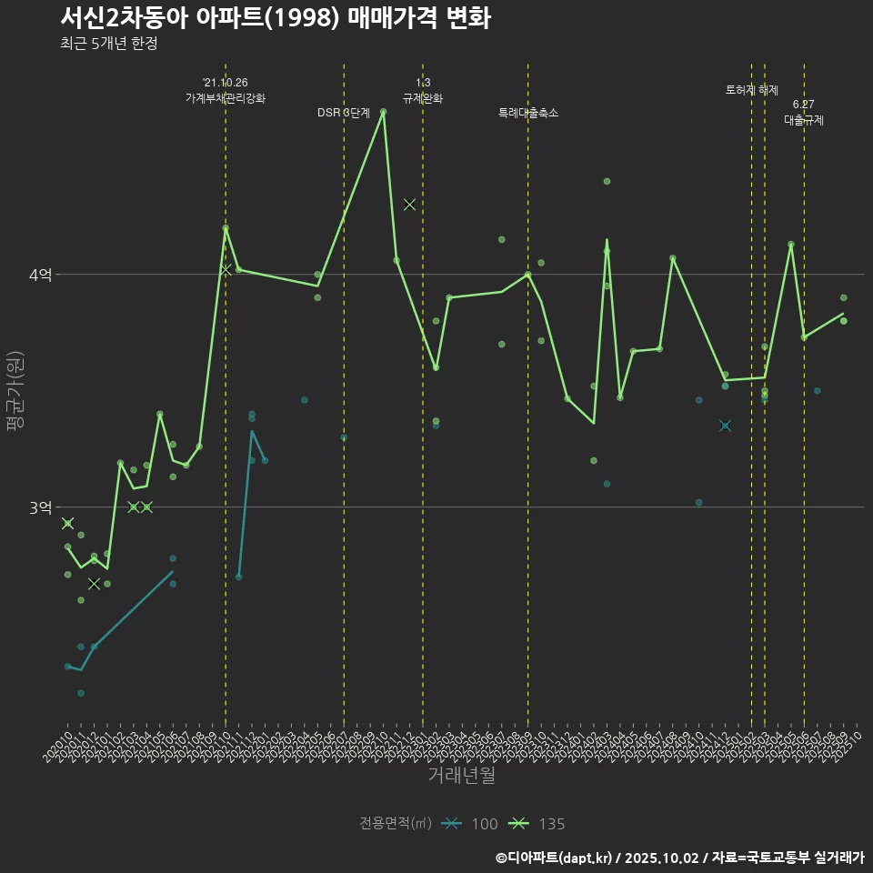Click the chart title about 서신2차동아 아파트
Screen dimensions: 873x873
[276, 18]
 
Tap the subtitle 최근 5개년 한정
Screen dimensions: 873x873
[108, 44]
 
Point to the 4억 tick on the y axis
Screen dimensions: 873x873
[40, 275]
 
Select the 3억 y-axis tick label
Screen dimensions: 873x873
[40, 507]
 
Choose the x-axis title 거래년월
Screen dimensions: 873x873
[461, 775]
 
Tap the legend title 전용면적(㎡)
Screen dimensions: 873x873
[396, 824]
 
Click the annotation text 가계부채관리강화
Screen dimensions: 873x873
[226, 97]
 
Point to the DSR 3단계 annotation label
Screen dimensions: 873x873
[344, 113]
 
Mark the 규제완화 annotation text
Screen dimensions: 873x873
[423, 97]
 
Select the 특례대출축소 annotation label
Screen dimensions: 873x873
[528, 113]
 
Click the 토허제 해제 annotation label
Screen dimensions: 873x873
[752, 90]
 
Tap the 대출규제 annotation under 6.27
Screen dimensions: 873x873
[804, 120]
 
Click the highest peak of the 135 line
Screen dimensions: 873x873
[383, 112]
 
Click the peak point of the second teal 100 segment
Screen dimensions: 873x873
[252, 431]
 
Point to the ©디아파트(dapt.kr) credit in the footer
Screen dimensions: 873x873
[555, 858]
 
